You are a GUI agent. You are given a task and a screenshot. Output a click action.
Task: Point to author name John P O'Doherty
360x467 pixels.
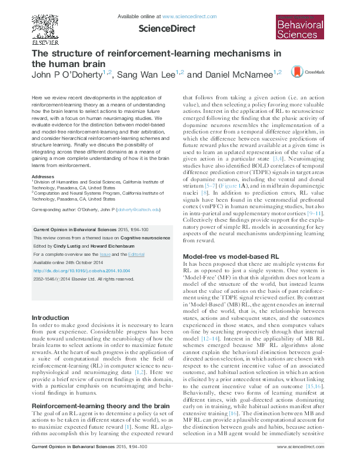coord(66,75)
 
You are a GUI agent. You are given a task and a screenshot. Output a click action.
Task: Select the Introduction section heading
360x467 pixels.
coord(51,318)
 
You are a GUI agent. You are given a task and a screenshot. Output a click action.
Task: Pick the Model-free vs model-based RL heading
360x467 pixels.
coord(231,257)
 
